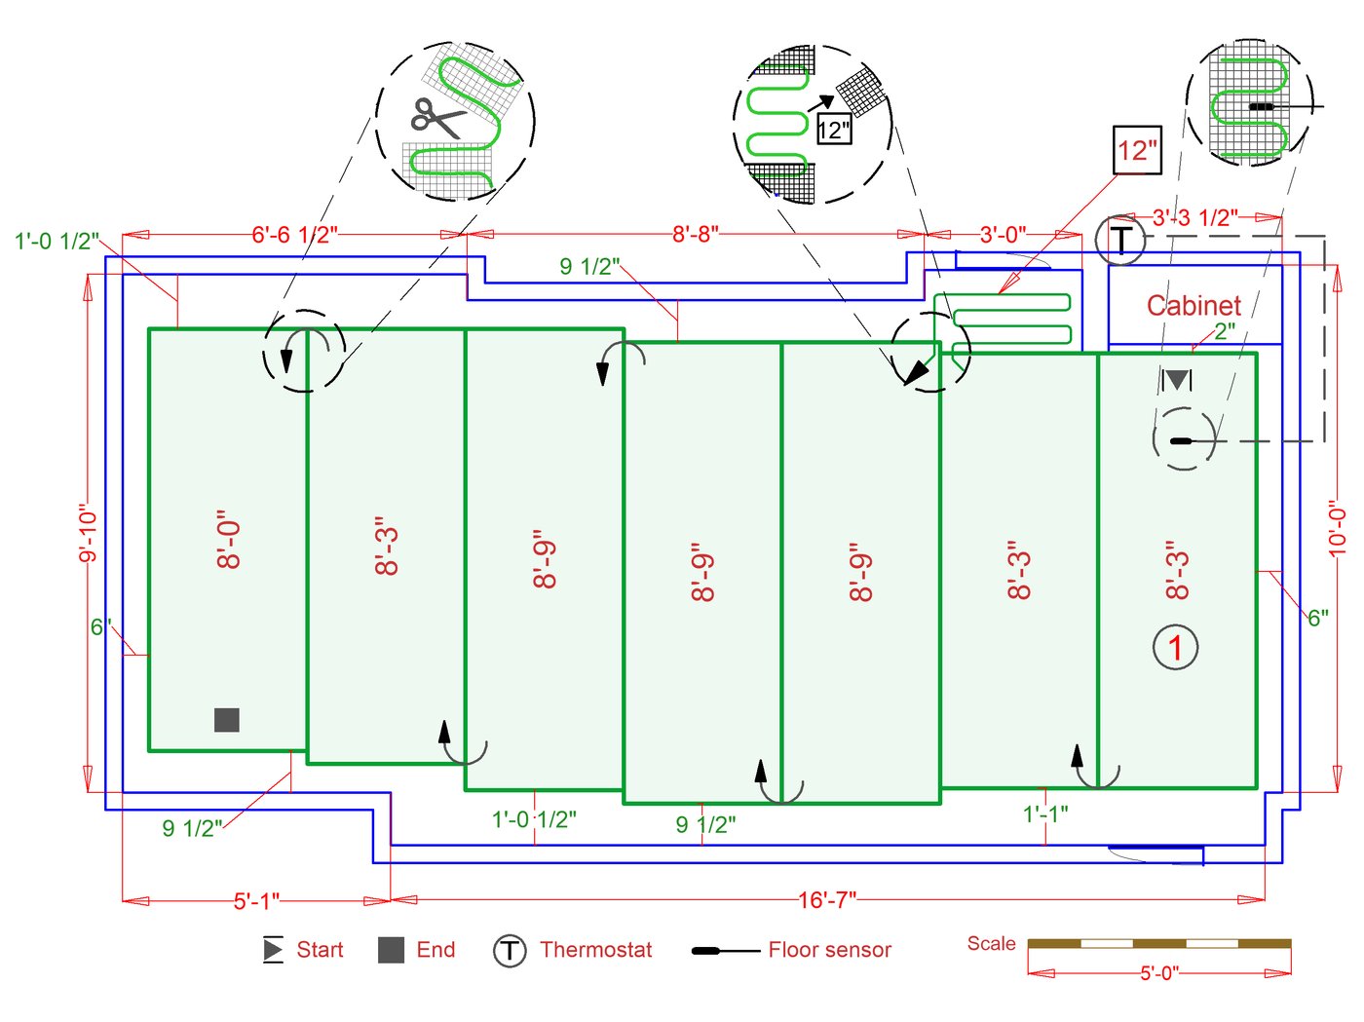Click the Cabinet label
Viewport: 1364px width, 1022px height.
pyautogui.click(x=1193, y=306)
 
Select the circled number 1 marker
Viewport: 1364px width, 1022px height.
pyautogui.click(x=1175, y=647)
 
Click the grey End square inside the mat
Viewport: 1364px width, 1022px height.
pyautogui.click(x=227, y=720)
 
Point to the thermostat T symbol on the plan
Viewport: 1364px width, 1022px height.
pyautogui.click(x=1121, y=239)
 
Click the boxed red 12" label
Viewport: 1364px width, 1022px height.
pyautogui.click(x=1137, y=150)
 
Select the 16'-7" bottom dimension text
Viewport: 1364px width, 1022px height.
pyautogui.click(x=827, y=900)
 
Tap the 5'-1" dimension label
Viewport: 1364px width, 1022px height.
pyautogui.click(x=256, y=901)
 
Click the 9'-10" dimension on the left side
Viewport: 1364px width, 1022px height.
pyautogui.click(x=89, y=533)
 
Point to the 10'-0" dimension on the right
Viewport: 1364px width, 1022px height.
pyautogui.click(x=1338, y=528)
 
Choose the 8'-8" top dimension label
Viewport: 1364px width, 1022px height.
pyautogui.click(x=696, y=234)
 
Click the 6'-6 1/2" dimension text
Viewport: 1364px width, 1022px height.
pyautogui.click(x=294, y=235)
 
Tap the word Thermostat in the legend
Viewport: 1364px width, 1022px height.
pyautogui.click(x=595, y=950)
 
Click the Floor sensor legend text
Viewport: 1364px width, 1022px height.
pyautogui.click(x=829, y=950)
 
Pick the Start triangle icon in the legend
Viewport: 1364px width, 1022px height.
pyautogui.click(x=273, y=950)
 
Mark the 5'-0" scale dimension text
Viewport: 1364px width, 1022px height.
pyautogui.click(x=1159, y=972)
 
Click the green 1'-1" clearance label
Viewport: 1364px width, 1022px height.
pyautogui.click(x=1045, y=814)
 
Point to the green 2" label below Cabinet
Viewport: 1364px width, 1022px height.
pyautogui.click(x=1225, y=331)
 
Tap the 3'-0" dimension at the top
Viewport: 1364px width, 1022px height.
pyautogui.click(x=1003, y=235)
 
